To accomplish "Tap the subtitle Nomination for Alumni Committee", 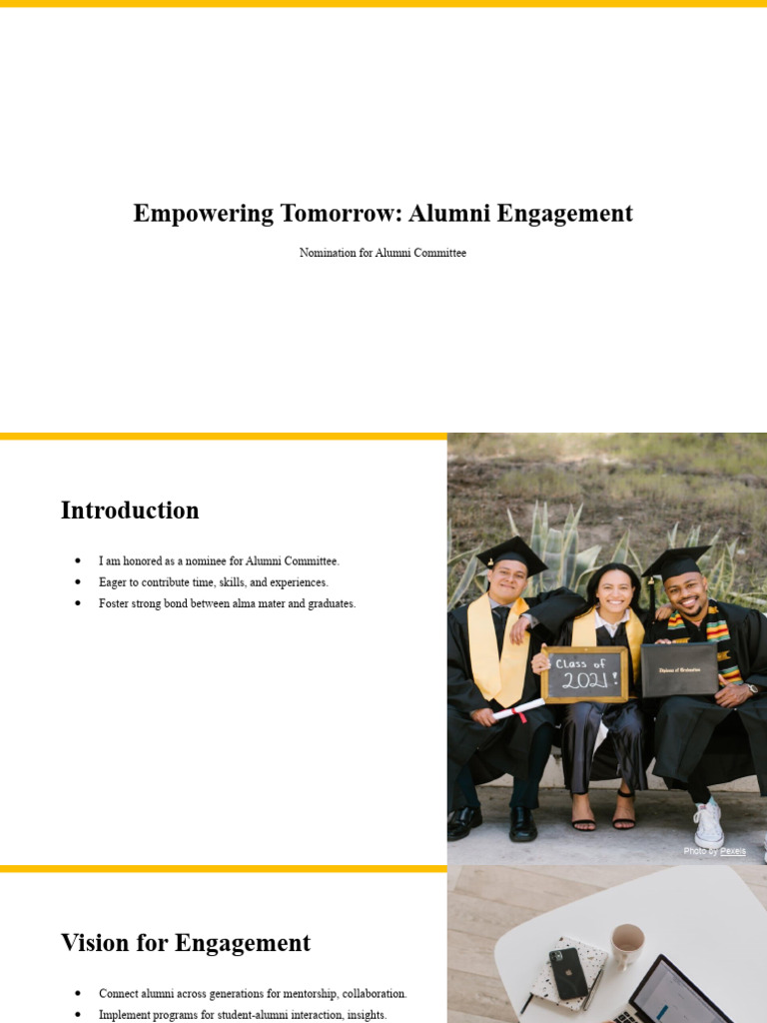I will coord(383,253).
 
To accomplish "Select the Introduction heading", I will coord(130,511).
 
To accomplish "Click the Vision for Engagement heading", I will coord(186,943).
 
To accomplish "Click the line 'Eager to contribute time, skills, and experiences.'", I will coord(213,582).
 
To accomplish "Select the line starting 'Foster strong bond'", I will coord(227,603).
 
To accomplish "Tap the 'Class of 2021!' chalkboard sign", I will coord(584,674).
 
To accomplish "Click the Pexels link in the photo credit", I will coord(733,851).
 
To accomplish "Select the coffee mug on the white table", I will coord(627,944).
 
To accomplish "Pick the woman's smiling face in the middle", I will coord(614,591).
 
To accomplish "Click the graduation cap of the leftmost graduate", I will coord(511,552).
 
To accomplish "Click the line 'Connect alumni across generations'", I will coord(253,994).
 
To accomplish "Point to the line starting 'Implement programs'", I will coord(243,1015).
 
